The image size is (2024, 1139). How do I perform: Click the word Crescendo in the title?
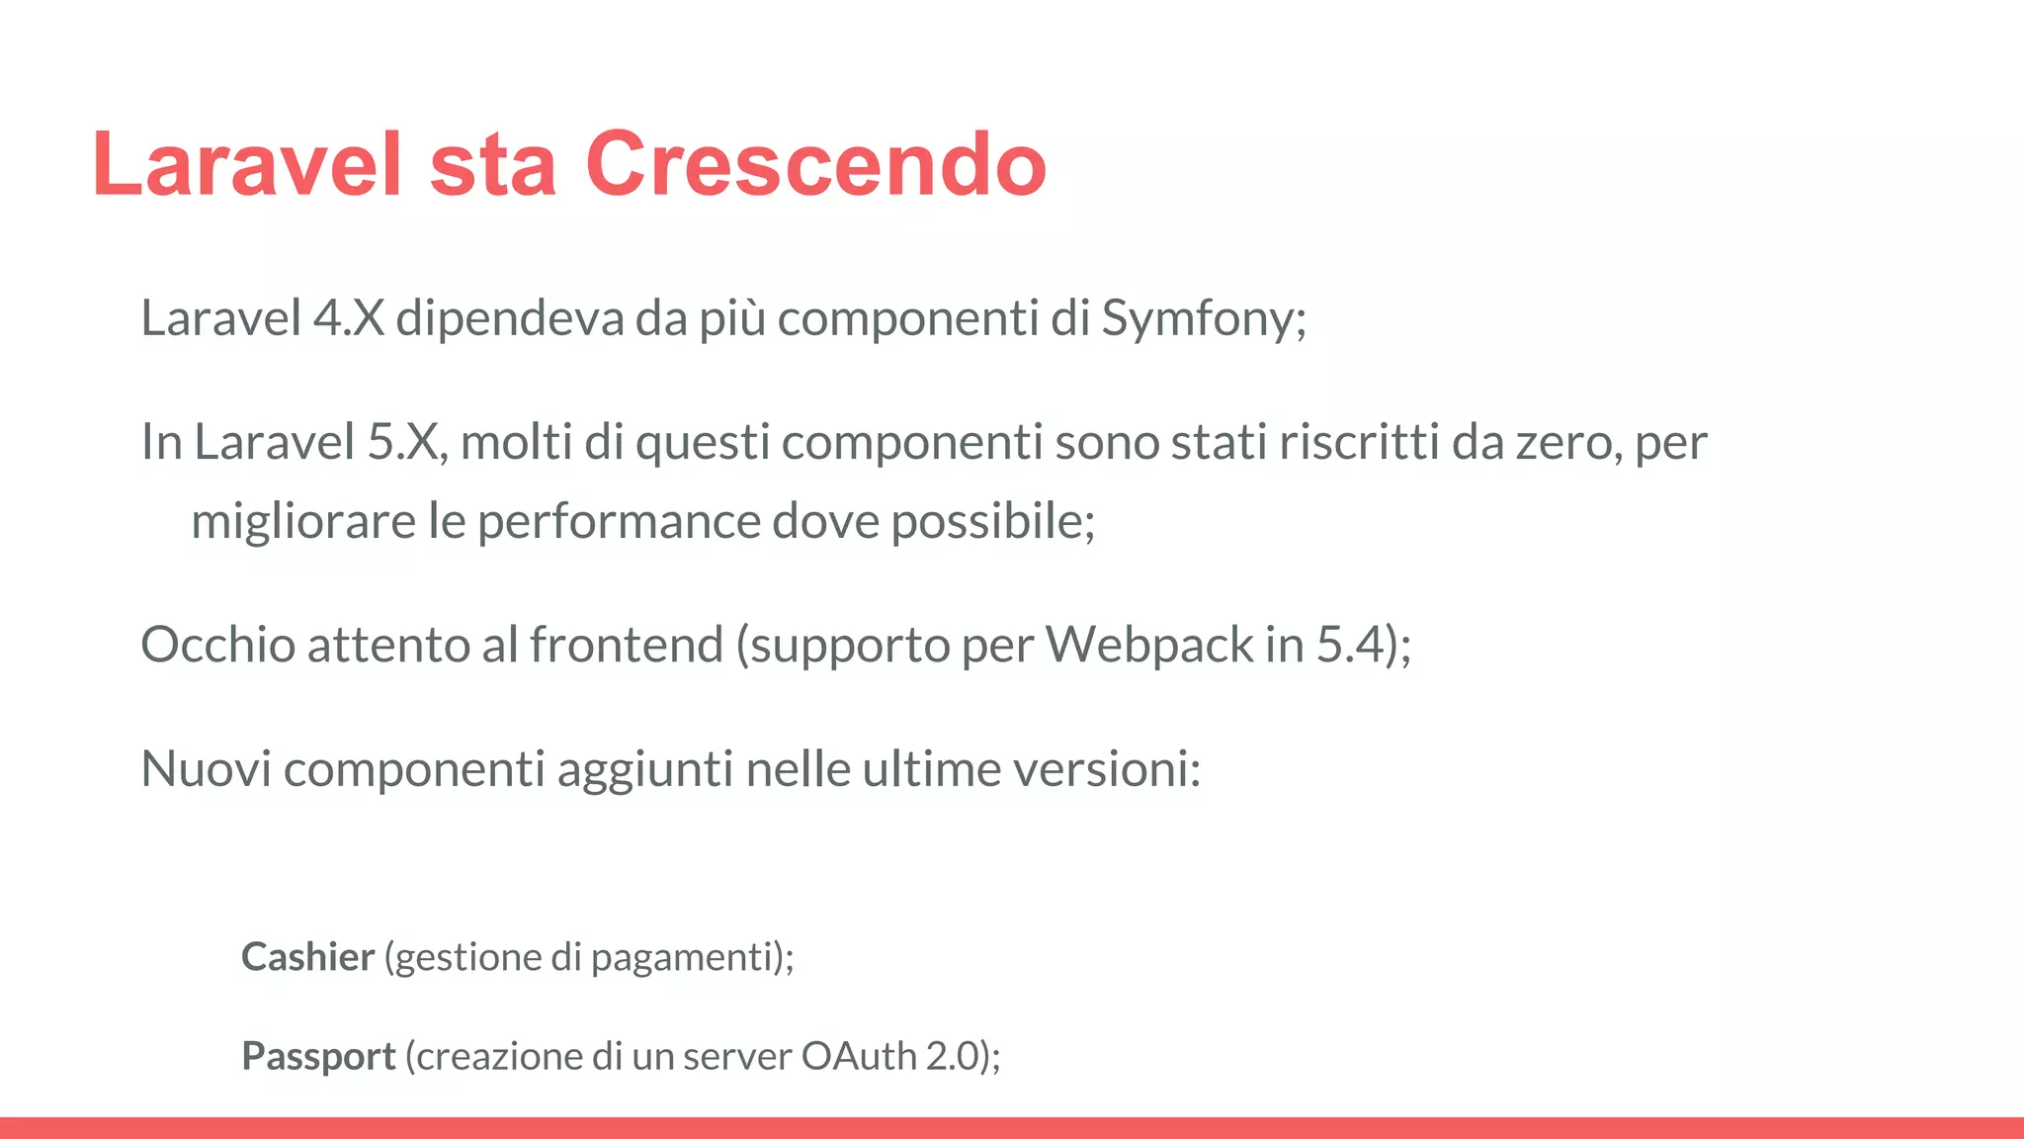(x=815, y=164)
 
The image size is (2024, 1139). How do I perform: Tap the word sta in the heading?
(x=492, y=164)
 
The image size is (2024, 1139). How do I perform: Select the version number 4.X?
(x=348, y=318)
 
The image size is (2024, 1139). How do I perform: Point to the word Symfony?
(x=1202, y=318)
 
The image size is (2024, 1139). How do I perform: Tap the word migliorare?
(x=302, y=521)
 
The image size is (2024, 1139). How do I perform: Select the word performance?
(x=619, y=521)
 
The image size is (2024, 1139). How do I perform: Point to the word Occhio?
(x=218, y=645)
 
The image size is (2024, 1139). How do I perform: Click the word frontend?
(x=627, y=645)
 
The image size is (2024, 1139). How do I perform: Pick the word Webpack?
(x=1149, y=645)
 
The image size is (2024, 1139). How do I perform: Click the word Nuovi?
(x=206, y=768)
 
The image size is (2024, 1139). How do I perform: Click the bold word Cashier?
(x=307, y=957)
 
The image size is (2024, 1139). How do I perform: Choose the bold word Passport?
(x=318, y=1056)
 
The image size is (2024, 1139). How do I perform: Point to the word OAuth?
(x=859, y=1056)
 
